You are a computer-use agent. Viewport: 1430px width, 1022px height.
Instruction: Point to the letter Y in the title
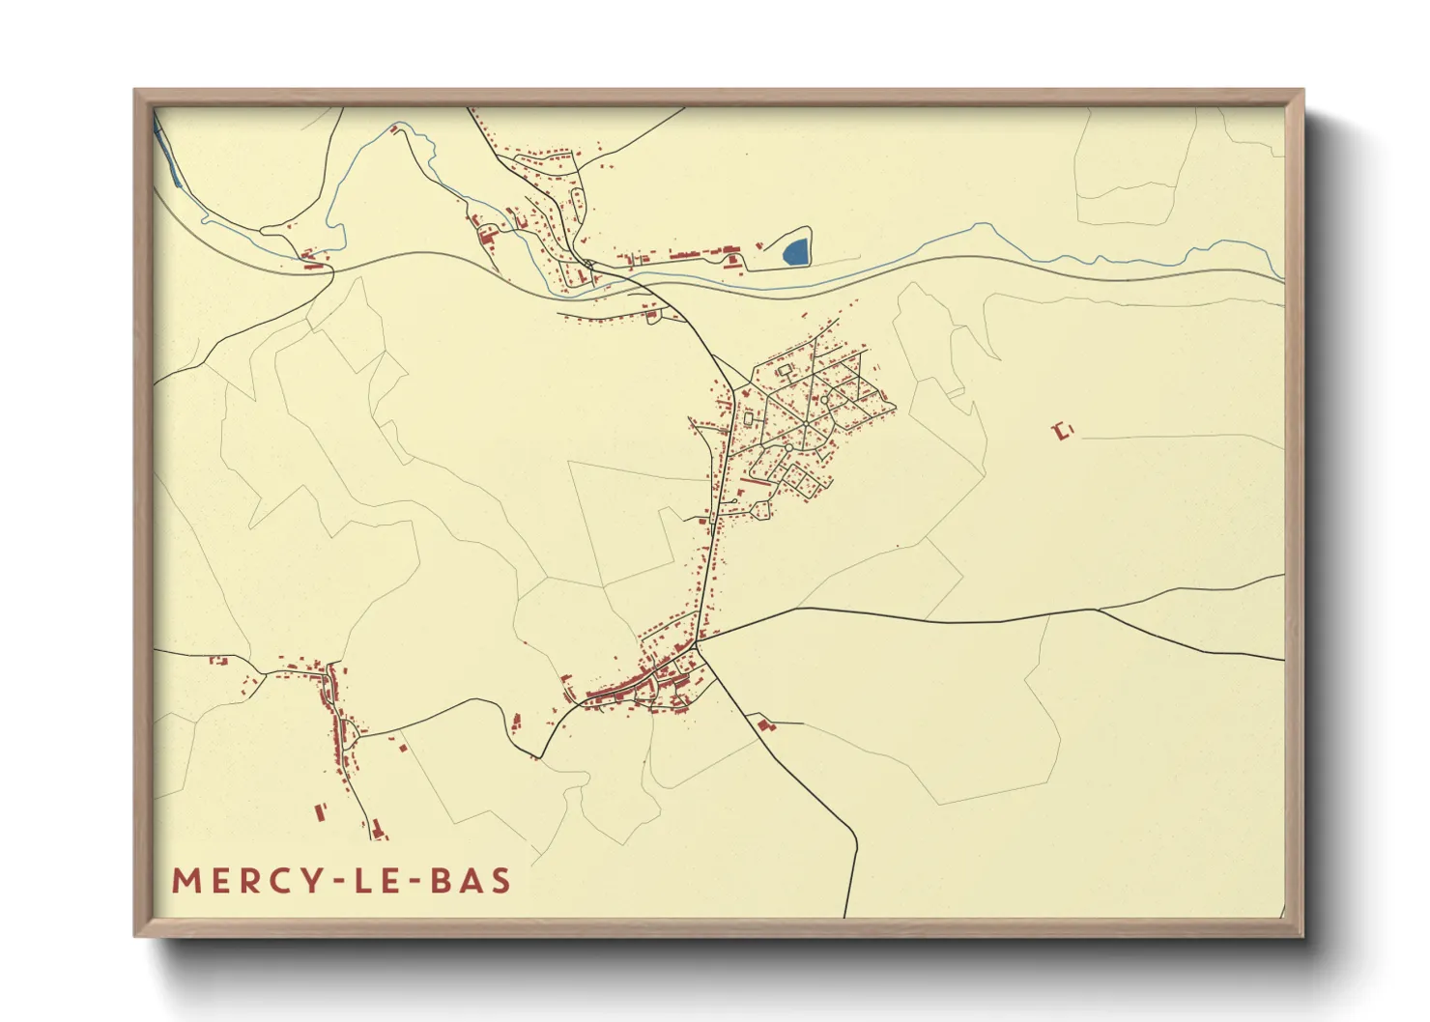coord(312,881)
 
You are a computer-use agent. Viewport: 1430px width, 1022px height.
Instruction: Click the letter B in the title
coord(440,881)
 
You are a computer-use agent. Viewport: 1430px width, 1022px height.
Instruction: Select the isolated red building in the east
coord(1064,431)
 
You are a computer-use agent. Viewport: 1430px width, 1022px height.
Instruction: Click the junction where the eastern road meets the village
coord(699,639)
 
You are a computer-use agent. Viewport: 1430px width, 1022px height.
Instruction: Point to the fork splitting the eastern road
coord(1098,610)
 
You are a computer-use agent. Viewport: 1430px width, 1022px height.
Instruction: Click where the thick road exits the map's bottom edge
coord(845,915)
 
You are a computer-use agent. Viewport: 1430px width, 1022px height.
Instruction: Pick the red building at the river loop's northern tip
coord(394,128)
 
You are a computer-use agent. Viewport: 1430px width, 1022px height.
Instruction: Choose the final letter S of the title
coord(500,881)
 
